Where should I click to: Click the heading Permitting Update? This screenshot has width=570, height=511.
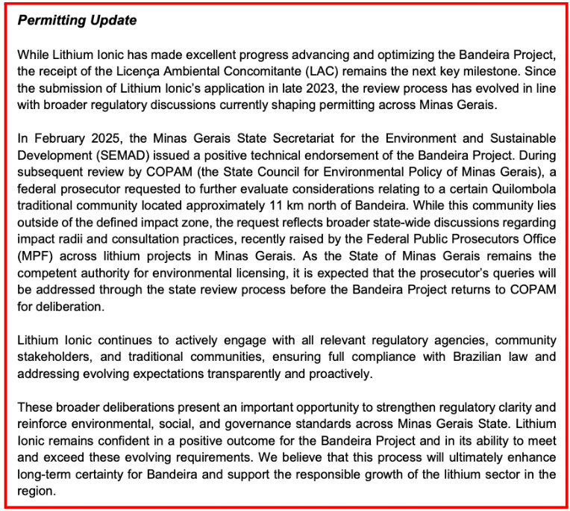(x=78, y=21)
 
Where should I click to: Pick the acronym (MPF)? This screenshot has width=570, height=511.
(x=32, y=255)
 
